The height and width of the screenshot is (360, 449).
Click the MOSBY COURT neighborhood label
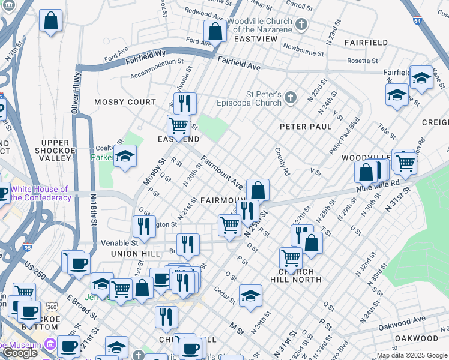pos(125,102)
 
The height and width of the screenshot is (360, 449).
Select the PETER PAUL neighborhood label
pos(306,127)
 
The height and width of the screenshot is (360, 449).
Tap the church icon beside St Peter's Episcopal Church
pos(291,97)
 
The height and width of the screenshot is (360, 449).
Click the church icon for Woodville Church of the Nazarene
pos(301,25)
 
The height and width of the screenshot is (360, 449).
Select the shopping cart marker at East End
pos(178,125)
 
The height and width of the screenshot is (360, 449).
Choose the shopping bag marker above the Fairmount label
pos(258,190)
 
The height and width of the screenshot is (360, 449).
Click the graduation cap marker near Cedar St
pos(250,295)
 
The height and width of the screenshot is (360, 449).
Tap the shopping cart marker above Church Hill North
pos(291,258)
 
